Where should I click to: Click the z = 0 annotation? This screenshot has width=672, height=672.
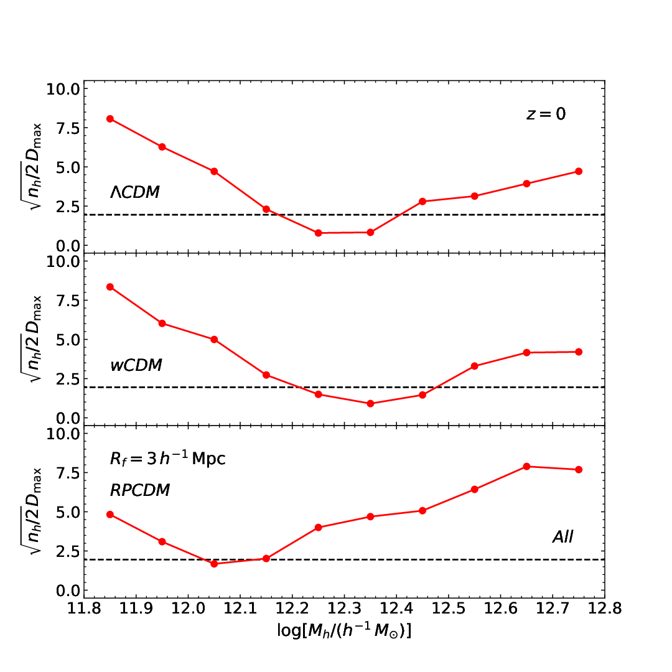546,114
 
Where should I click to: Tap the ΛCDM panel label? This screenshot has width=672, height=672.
134,192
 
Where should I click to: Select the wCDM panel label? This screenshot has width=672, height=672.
136,365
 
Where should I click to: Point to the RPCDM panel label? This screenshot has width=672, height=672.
140,490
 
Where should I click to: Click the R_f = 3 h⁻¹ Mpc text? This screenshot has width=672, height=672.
167,459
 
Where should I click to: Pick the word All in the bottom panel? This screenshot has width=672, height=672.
562,536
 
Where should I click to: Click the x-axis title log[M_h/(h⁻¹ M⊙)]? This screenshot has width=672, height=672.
344,630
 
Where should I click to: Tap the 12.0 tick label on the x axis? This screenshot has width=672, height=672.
188,608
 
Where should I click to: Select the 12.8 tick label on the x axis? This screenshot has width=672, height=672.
605,608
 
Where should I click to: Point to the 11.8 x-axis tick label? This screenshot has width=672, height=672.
84,608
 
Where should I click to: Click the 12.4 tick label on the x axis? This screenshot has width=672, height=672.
396,608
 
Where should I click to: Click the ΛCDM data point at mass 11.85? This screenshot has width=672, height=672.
110,119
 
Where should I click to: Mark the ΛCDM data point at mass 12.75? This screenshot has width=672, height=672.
579,172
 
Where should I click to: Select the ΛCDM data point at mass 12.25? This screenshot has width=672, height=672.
319,233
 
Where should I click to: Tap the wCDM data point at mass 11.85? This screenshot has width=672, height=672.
110,287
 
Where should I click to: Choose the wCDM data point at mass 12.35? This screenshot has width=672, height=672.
370,403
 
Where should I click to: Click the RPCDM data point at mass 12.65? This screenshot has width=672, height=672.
527,466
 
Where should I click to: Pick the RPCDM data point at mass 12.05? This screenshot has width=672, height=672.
214,564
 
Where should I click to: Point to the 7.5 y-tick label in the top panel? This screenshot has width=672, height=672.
68,128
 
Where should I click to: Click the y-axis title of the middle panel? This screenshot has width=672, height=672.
32,338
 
